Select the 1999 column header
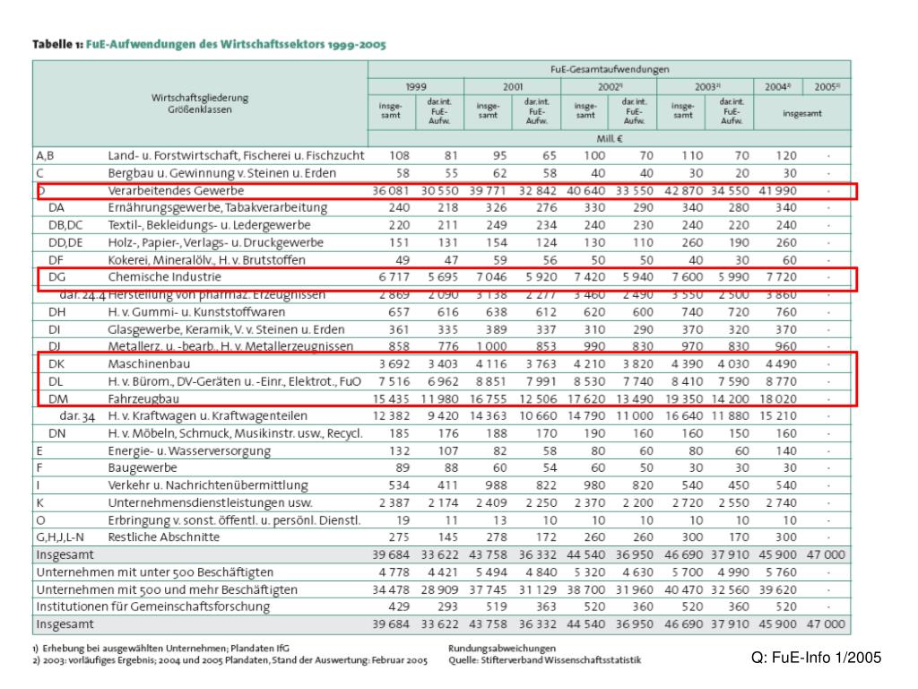point(415,87)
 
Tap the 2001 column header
point(513,87)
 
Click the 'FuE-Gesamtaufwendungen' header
point(610,69)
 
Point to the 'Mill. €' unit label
point(610,139)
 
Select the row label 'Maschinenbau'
point(149,364)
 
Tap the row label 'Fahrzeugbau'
point(143,398)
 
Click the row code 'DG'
point(57,277)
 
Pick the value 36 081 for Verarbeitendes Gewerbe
point(391,191)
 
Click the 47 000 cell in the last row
point(826,624)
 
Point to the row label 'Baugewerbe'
point(143,467)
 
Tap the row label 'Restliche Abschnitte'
point(163,536)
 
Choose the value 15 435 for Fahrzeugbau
point(391,398)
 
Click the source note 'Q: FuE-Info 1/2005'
point(817,658)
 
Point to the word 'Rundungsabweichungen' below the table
point(502,648)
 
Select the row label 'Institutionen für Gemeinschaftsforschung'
point(152,606)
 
